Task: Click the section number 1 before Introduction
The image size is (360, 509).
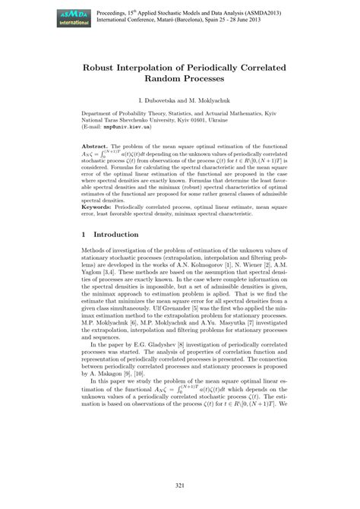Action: pyautogui.click(x=84, y=236)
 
